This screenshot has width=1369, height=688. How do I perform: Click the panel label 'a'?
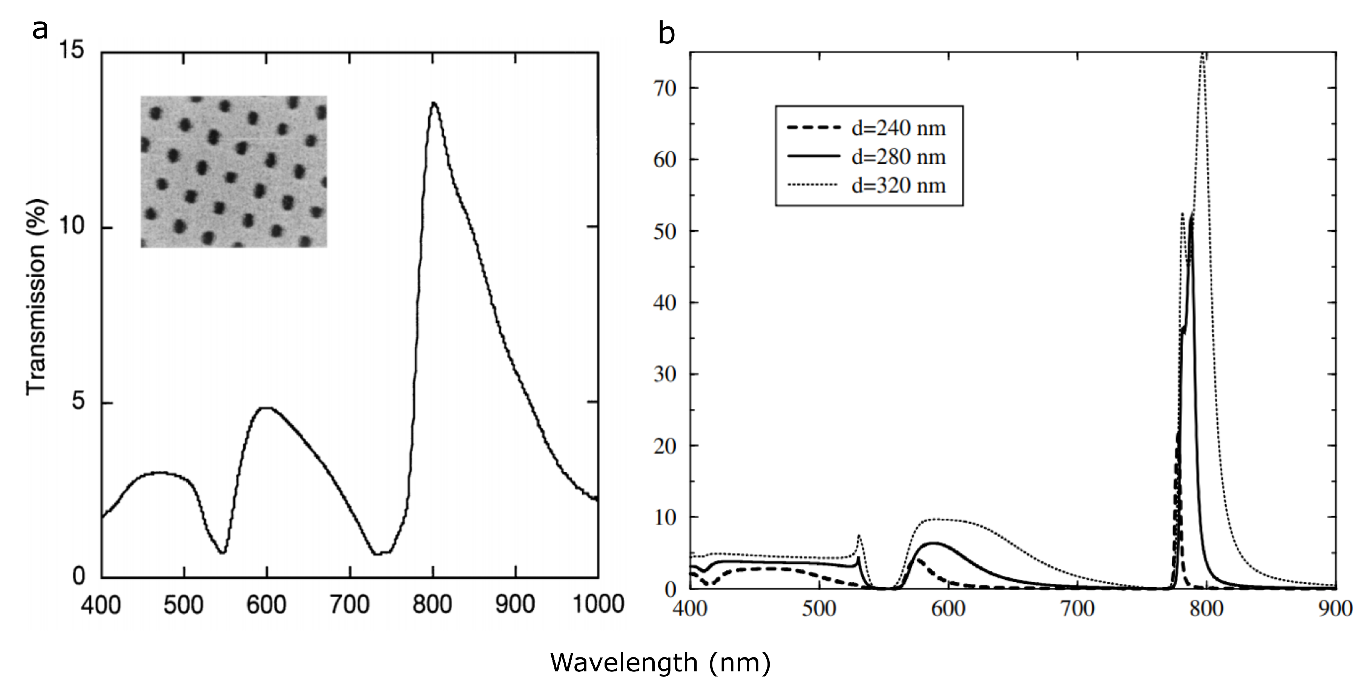(x=40, y=30)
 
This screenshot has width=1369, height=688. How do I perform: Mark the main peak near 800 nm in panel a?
(x=434, y=103)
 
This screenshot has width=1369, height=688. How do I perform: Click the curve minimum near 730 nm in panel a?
(x=378, y=554)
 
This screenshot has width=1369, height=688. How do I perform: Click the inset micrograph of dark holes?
(x=233, y=171)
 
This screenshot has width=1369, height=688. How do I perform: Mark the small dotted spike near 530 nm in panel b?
(x=859, y=536)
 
